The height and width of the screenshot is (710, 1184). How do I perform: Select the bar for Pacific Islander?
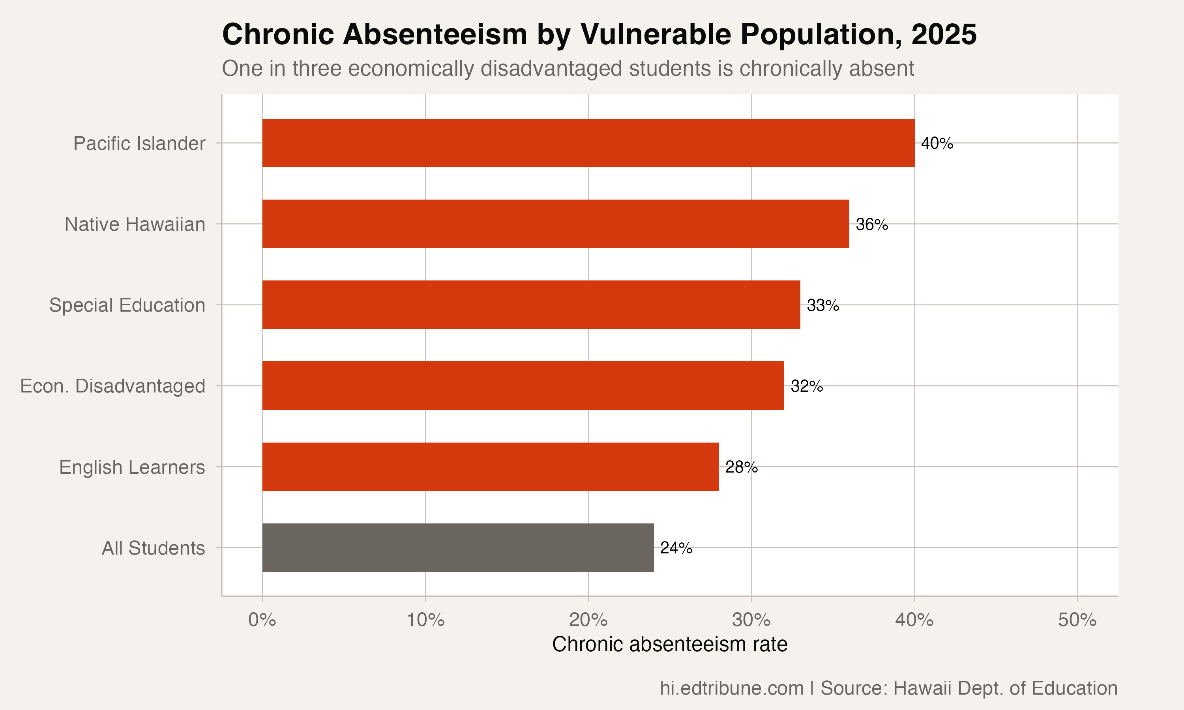point(588,143)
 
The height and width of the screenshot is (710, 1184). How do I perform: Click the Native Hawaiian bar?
point(556,224)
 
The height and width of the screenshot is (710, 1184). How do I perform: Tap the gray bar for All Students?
point(458,547)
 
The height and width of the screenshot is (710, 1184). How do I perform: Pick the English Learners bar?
point(491,467)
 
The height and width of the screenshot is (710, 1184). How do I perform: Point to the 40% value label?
point(937,143)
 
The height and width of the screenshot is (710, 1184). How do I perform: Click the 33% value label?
point(822,305)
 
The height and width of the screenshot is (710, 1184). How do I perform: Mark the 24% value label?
point(676,548)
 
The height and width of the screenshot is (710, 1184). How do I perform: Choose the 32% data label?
point(806,386)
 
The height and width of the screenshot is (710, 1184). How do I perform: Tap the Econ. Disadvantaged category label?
point(112,386)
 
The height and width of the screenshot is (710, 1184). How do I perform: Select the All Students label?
point(153,548)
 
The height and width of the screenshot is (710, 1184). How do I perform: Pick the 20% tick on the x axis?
point(588,620)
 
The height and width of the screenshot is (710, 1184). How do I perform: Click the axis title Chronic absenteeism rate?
point(669,645)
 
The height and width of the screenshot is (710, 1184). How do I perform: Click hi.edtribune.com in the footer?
point(731,688)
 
